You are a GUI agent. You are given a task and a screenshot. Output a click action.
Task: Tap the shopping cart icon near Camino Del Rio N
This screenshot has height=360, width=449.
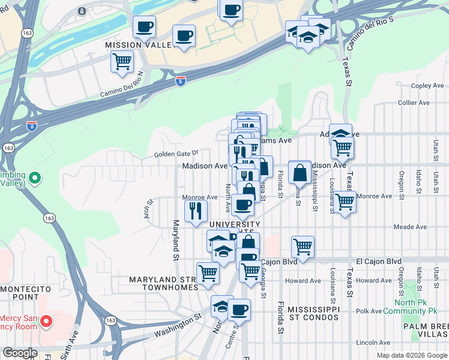(122, 61)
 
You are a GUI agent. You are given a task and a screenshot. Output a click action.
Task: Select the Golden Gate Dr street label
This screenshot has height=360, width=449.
(175, 154)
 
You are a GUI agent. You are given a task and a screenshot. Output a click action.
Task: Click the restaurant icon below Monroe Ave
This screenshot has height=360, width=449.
(196, 210)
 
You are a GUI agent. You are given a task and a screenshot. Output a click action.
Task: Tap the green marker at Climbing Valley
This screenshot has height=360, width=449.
(35, 178)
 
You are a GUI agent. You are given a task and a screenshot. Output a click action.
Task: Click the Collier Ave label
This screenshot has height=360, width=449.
(414, 103)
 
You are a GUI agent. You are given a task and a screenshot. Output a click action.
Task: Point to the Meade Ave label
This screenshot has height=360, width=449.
(410, 227)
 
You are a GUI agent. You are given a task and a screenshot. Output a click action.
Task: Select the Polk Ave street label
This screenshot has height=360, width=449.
(368, 311)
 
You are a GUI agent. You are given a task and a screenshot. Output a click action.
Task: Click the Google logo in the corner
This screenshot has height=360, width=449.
(20, 353)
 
